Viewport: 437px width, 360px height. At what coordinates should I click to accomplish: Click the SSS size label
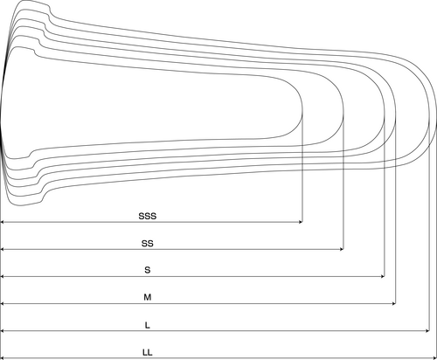[x=148, y=216]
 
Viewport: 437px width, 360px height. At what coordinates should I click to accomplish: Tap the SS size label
[x=148, y=243]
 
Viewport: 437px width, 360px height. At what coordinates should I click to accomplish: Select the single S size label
[x=148, y=270]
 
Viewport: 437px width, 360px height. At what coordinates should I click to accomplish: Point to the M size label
[x=148, y=297]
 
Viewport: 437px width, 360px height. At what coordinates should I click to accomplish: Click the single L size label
[x=148, y=325]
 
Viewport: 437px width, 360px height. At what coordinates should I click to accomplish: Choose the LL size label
[x=148, y=352]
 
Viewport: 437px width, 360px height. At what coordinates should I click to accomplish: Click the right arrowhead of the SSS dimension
[x=301, y=222]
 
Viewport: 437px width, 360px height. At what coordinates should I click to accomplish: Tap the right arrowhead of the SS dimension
[x=342, y=249]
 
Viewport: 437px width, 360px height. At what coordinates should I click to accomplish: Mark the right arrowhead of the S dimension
[x=383, y=276]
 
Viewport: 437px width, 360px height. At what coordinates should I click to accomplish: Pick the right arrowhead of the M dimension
[x=393, y=304]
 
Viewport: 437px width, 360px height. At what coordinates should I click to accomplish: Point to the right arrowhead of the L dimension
[x=427, y=331]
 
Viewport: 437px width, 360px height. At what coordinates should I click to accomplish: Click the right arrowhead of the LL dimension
[x=434, y=358]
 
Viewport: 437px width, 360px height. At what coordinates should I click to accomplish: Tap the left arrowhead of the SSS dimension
[x=3, y=222]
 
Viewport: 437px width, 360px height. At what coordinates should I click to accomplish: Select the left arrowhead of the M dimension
[x=3, y=304]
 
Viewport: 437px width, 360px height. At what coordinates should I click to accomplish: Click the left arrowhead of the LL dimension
[x=3, y=358]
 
